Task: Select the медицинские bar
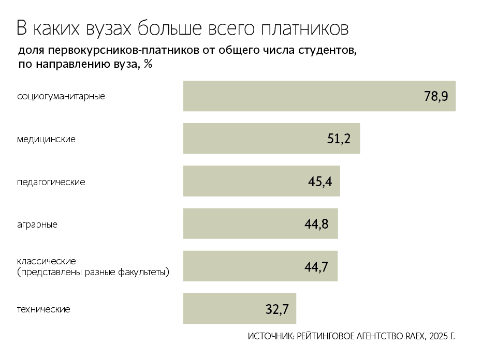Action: pyautogui.click(x=259, y=139)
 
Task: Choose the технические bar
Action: pyautogui.click(x=223, y=309)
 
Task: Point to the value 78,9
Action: pyautogui.click(x=435, y=96)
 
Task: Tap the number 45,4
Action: pyautogui.click(x=320, y=182)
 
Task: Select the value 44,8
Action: pyautogui.click(x=317, y=224)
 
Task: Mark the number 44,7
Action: pyautogui.click(x=317, y=266)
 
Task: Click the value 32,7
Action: pyautogui.click(x=276, y=309)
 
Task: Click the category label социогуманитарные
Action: pyautogui.click(x=61, y=96)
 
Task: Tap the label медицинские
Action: pyautogui.click(x=46, y=139)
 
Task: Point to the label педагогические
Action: pyautogui.click(x=51, y=182)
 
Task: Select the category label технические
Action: pyautogui.click(x=43, y=309)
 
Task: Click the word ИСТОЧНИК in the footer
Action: pyautogui.click(x=271, y=337)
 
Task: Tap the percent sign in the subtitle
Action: pyautogui.click(x=148, y=65)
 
